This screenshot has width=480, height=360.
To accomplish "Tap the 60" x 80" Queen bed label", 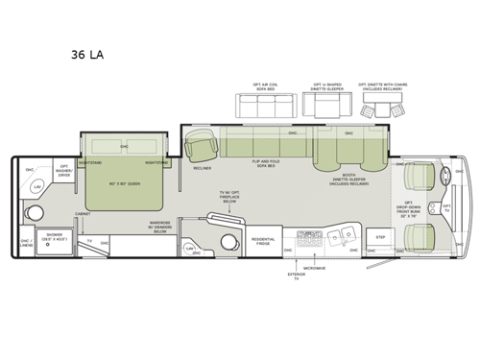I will coord(124,181).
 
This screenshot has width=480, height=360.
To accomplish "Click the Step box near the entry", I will coord(379,236).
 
